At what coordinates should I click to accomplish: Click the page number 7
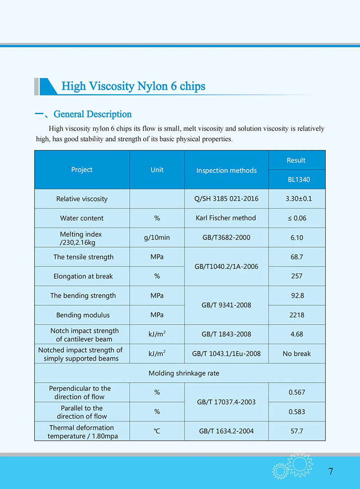(x=331, y=471)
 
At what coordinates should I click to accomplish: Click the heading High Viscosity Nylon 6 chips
(x=133, y=86)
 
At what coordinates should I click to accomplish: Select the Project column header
(x=82, y=170)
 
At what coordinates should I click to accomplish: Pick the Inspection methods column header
(x=226, y=171)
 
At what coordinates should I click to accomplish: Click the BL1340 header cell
(x=297, y=180)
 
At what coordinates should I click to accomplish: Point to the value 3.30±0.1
(x=297, y=199)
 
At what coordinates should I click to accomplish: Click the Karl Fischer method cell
(x=226, y=218)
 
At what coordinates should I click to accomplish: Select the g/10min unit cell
(x=157, y=237)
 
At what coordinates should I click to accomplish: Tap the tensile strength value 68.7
(x=297, y=257)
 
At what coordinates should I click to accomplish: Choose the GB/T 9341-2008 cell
(x=226, y=305)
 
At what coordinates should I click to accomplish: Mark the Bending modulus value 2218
(x=297, y=315)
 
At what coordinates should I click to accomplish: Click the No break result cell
(x=297, y=353)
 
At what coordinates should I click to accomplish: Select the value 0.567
(x=297, y=392)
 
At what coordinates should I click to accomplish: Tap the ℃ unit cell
(x=157, y=431)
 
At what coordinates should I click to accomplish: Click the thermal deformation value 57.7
(x=297, y=431)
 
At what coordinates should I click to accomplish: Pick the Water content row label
(x=82, y=218)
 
